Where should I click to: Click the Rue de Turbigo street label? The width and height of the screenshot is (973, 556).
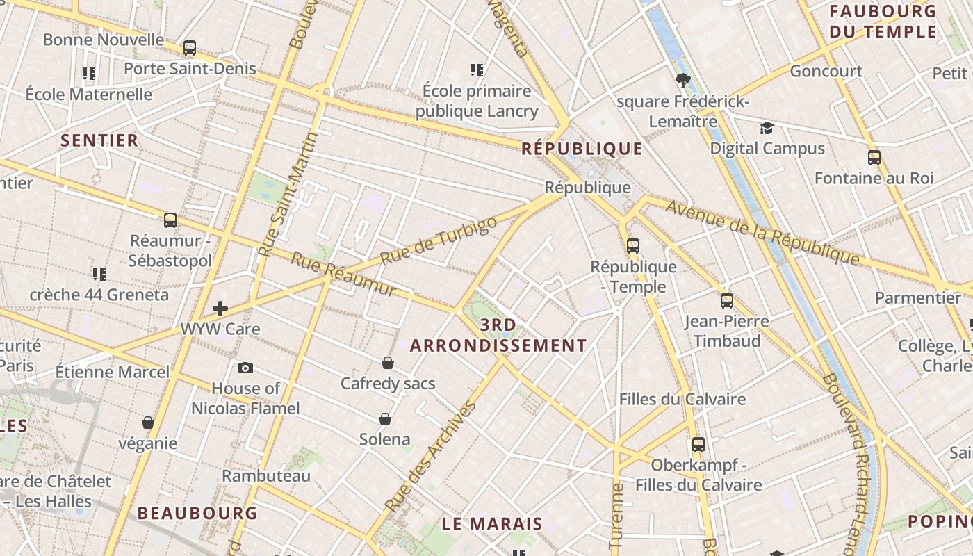click(439, 240)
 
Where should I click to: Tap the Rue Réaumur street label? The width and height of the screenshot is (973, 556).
click(343, 274)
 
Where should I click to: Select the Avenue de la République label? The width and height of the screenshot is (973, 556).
click(762, 232)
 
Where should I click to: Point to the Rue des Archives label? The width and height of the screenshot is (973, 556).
click(430, 455)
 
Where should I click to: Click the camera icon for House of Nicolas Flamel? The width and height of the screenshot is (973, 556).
click(245, 368)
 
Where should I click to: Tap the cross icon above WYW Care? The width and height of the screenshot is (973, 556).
click(220, 308)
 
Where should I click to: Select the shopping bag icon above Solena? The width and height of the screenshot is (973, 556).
click(385, 418)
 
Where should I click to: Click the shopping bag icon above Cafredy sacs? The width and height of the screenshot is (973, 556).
click(388, 362)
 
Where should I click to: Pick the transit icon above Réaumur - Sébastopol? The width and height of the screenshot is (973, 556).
click(170, 220)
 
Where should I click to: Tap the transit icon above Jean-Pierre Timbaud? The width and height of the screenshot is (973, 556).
click(727, 300)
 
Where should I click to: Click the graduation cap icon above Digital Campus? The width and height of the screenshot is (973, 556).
click(767, 128)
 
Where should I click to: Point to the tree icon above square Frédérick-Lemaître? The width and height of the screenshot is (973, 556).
click(682, 80)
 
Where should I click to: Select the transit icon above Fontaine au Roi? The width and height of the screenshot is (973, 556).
click(874, 157)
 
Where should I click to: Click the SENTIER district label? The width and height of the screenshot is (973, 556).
click(99, 140)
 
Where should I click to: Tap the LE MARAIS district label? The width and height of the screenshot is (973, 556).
click(492, 524)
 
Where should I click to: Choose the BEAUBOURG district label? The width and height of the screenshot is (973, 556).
click(197, 514)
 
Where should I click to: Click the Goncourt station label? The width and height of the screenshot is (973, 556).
click(826, 71)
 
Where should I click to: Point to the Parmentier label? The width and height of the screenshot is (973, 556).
click(917, 297)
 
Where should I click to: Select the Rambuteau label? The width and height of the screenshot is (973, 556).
click(266, 476)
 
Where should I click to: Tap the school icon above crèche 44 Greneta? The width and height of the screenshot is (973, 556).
click(99, 274)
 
